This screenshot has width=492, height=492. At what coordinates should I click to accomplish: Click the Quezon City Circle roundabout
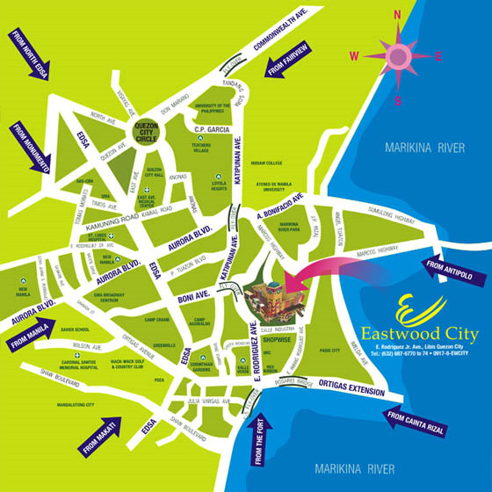coord(146,134)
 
